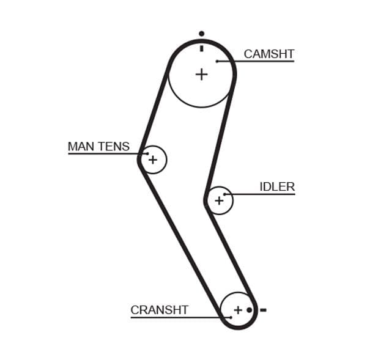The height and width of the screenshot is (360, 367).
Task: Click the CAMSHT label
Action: click(x=269, y=54)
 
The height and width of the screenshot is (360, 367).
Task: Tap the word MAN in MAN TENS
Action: click(x=80, y=147)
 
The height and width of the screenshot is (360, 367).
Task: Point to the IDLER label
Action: click(x=277, y=187)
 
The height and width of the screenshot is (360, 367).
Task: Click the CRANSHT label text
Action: click(x=159, y=310)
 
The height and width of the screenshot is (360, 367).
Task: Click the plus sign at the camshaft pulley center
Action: click(x=201, y=74)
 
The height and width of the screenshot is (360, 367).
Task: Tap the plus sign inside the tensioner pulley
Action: click(x=153, y=160)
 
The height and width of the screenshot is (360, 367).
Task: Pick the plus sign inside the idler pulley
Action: click(x=219, y=200)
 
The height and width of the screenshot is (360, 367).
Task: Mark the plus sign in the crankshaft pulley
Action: click(x=238, y=309)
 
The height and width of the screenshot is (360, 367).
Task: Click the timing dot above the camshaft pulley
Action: click(x=201, y=34)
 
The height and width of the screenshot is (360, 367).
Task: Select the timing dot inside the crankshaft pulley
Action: click(x=250, y=310)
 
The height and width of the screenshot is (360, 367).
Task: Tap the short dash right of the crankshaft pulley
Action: click(x=263, y=310)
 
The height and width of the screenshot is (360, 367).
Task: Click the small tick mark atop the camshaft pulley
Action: click(x=201, y=46)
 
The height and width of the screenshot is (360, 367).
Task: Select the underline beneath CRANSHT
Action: click(x=171, y=317)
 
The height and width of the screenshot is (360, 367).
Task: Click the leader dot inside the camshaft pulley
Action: click(x=217, y=61)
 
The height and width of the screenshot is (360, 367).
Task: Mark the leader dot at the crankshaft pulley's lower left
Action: click(x=231, y=317)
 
